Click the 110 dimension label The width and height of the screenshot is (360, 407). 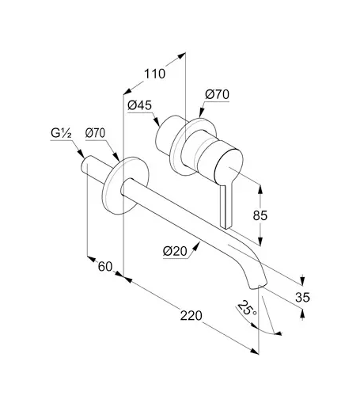[x=154, y=74]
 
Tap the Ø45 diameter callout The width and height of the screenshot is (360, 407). [x=139, y=105]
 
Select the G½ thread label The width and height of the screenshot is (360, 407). [x=61, y=133]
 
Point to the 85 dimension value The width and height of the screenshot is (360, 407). [x=260, y=215]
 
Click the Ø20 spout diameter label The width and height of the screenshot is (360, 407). [x=175, y=251]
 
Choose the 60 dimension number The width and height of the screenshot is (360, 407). [x=105, y=267]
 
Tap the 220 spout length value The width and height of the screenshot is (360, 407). [x=191, y=316]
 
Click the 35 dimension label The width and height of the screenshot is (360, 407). [x=302, y=298]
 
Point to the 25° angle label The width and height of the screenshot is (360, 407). [x=247, y=308]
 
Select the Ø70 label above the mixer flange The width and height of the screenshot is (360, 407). [x=218, y=94]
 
